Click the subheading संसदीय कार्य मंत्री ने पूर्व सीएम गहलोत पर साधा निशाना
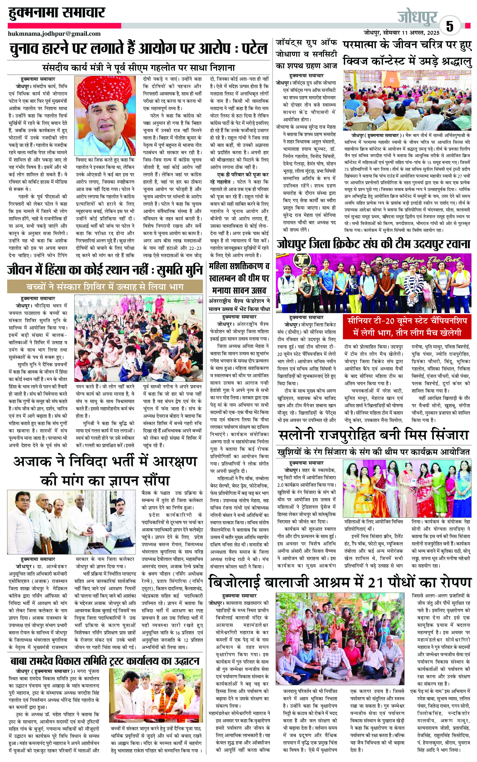139,67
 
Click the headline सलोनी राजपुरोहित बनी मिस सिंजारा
374,435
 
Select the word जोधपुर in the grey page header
417,17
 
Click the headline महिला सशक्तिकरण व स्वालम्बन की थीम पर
239,272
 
